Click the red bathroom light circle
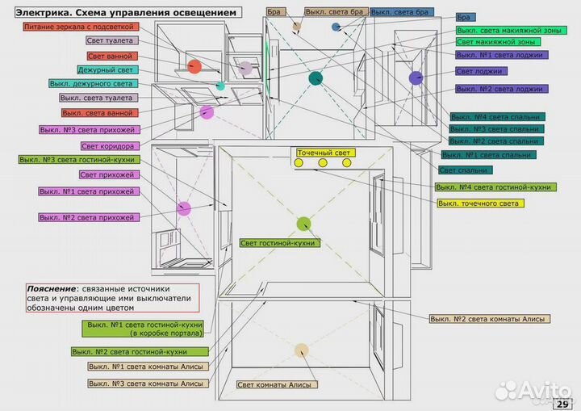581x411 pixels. (x=194, y=66)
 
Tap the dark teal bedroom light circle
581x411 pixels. (x=316, y=78)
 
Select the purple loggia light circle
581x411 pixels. (x=416, y=78)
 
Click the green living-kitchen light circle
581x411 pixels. (x=304, y=224)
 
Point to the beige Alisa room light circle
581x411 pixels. (x=302, y=350)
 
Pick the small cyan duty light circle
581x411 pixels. (x=220, y=86)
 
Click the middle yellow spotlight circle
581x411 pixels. (x=323, y=163)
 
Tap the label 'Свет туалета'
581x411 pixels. (x=112, y=40)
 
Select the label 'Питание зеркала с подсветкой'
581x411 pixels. (x=82, y=27)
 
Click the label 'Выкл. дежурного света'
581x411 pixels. (x=94, y=83)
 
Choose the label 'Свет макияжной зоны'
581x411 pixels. (x=498, y=42)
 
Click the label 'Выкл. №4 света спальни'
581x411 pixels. (x=498, y=117)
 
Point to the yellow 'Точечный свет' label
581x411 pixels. (x=326, y=153)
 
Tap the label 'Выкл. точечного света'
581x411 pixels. (x=481, y=203)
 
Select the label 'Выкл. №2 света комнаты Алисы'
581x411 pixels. (x=490, y=319)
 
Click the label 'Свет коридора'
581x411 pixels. (x=110, y=146)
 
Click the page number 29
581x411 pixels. (x=562, y=404)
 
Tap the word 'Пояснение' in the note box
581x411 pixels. (x=51, y=288)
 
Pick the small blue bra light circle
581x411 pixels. (x=336, y=27)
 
